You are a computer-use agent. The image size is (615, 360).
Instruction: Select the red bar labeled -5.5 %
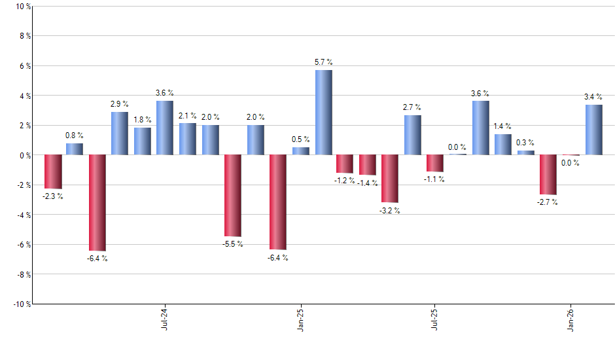(x=233, y=195)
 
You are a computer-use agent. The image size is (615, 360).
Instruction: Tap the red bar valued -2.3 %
(x=52, y=171)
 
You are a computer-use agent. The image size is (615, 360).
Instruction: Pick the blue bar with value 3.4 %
(x=593, y=130)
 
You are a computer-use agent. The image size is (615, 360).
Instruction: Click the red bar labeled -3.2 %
(x=390, y=178)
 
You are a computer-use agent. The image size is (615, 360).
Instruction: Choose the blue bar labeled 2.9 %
(x=119, y=134)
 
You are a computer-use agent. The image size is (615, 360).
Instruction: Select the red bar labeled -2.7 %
(x=548, y=174)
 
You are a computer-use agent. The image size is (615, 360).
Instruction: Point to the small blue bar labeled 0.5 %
(x=301, y=151)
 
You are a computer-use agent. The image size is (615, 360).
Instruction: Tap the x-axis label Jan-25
(x=300, y=318)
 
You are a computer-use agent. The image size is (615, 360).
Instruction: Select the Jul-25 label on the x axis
(x=434, y=318)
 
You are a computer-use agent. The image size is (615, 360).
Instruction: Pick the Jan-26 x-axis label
(x=571, y=318)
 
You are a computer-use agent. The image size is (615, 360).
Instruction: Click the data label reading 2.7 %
(x=412, y=107)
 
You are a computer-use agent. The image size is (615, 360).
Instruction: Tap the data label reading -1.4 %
(x=368, y=183)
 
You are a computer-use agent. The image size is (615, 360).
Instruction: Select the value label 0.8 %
(x=74, y=135)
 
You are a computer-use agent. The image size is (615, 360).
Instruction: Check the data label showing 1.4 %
(x=502, y=126)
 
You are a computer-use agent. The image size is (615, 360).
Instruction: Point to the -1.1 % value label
(x=435, y=179)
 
